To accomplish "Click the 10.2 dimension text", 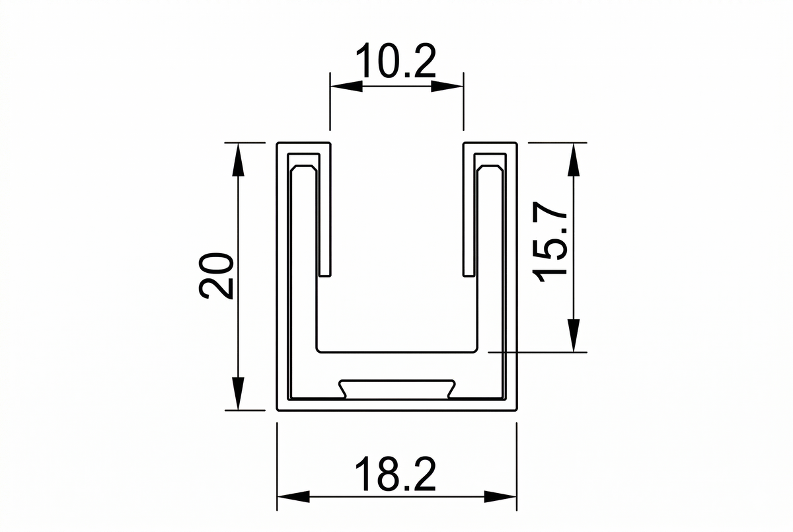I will [396, 62].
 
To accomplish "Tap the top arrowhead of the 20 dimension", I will [239, 159].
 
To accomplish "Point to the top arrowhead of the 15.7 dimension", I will [574, 159].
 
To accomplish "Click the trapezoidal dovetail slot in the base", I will [397, 389].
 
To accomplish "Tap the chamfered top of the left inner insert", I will [305, 169].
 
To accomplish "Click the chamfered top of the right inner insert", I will [489, 169].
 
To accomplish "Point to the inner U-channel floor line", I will [397, 351].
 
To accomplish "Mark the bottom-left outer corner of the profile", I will [277, 409].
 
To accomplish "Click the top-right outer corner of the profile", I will [516, 143].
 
